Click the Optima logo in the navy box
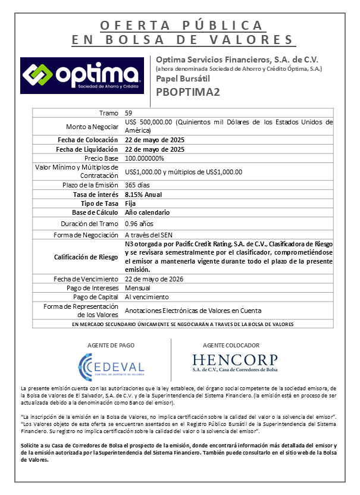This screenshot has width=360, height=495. pyautogui.click(x=82, y=75)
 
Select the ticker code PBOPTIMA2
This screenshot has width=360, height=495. pyautogui.click(x=187, y=92)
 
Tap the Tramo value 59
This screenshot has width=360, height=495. pyautogui.click(x=129, y=113)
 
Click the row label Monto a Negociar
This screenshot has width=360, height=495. pyautogui.click(x=92, y=126)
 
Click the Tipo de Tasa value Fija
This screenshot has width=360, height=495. pyautogui.click(x=131, y=203)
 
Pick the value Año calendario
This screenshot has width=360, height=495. pyautogui.click(x=147, y=212)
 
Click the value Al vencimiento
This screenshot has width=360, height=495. pyautogui.click(x=146, y=297)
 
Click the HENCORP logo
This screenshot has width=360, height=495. pyautogui.click(x=234, y=363)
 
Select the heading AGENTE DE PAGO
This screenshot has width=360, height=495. pyautogui.click(x=111, y=345)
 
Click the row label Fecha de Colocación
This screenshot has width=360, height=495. pyautogui.click(x=88, y=140)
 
